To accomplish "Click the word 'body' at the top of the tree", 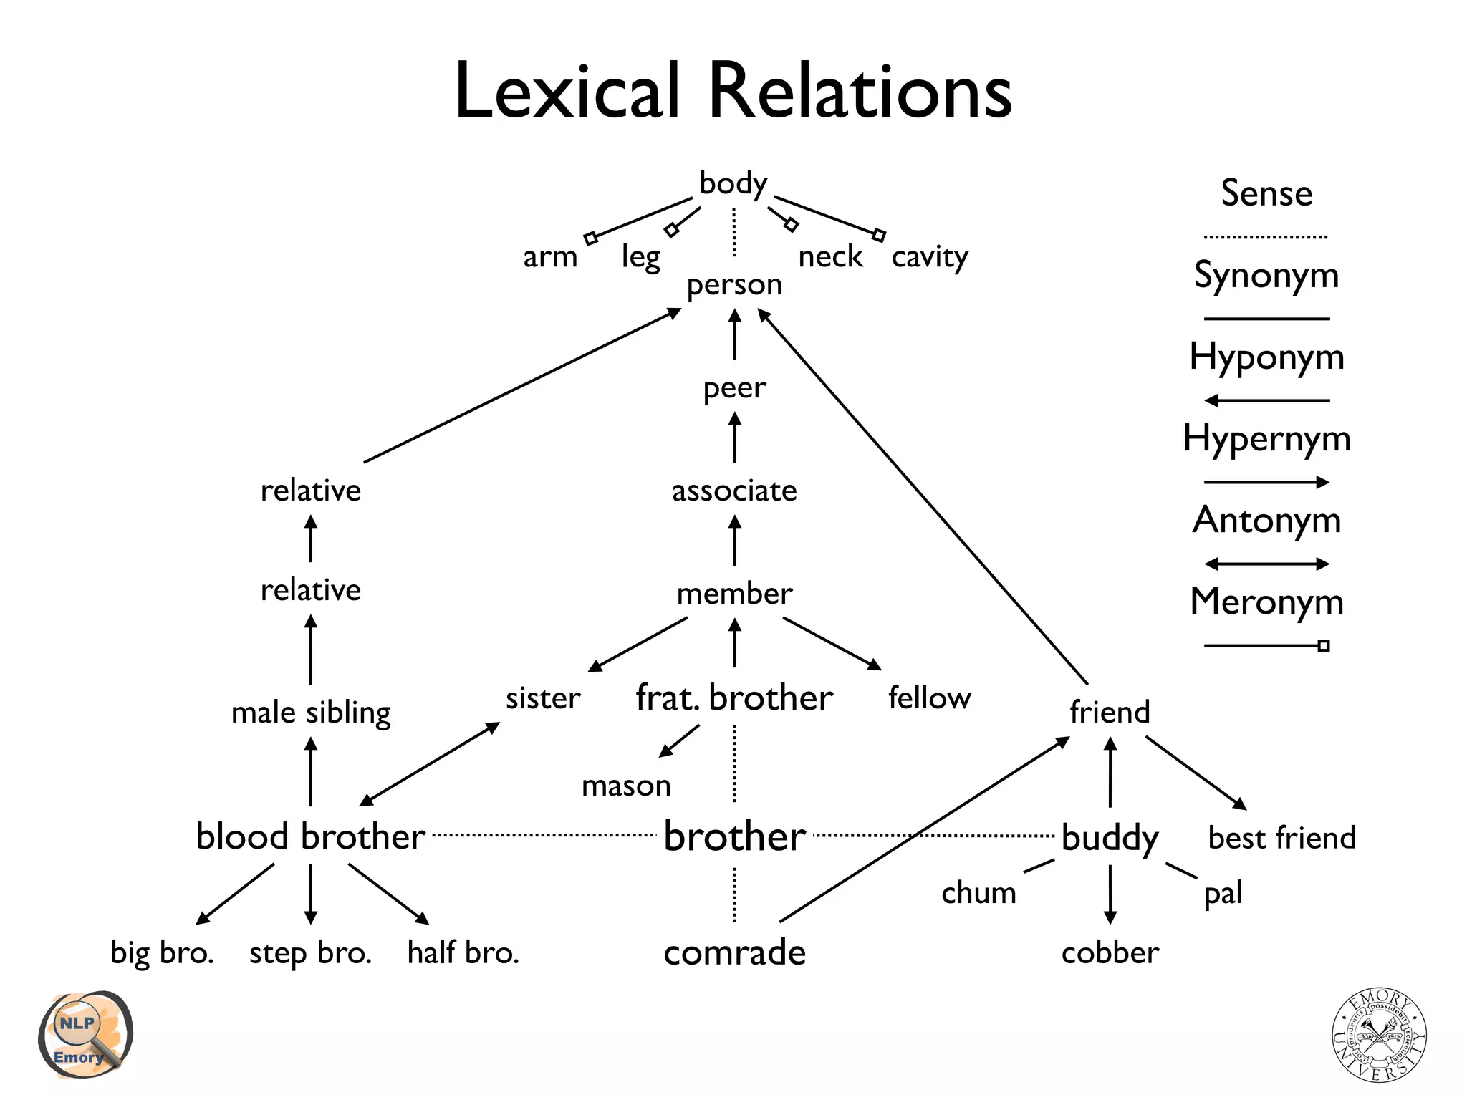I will pos(733,184).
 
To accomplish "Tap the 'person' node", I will pos(734,285).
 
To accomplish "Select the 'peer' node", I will pos(734,388).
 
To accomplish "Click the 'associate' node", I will pos(734,491).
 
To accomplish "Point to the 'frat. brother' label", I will pos(734,698).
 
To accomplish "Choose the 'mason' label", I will pos(626,786).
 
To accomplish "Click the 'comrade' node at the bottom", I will pos(734,952).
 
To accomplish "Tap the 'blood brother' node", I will pos(310,836).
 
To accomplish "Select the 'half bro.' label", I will pos(463,953).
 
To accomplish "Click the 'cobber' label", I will pos(1110,953).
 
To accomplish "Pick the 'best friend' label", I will pos(1281,838).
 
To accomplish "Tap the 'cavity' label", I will pos(929,257).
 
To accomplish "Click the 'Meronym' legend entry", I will pos(1266,602).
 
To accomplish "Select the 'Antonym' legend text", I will pos(1266,520).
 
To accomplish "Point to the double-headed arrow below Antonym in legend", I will pos(1266,564).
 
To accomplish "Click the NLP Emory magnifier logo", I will pos(85,1035).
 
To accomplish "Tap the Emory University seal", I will pos(1379,1034).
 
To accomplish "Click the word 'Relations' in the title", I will pos(860,92).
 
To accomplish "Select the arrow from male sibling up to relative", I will pos(310,650).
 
